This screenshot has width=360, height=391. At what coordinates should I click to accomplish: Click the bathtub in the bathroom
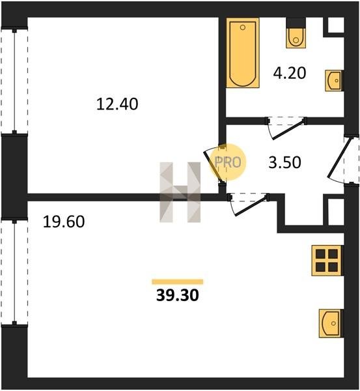click(x=243, y=53)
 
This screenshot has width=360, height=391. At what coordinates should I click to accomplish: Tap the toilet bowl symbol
click(x=296, y=38)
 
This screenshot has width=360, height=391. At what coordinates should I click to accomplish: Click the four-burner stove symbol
click(x=327, y=261)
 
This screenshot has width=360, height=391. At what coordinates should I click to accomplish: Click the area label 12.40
click(x=117, y=104)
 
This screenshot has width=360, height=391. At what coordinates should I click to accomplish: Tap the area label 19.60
click(x=64, y=222)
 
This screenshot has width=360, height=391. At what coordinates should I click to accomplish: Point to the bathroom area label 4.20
click(x=290, y=73)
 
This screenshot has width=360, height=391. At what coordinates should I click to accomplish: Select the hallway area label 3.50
click(x=284, y=162)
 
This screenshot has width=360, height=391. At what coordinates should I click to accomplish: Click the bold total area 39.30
click(x=177, y=295)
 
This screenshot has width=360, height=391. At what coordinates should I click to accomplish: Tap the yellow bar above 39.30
click(x=177, y=282)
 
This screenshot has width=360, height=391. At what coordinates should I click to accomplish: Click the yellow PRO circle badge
click(x=227, y=162)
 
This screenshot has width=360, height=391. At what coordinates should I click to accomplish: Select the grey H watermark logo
click(x=180, y=192)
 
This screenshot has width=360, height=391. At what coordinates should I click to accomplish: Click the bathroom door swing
click(x=286, y=128)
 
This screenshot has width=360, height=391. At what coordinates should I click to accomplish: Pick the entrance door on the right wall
click(x=342, y=160)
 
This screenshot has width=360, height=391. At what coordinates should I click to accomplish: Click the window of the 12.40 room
click(x=14, y=81)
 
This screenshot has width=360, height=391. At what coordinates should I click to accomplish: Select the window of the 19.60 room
click(x=14, y=272)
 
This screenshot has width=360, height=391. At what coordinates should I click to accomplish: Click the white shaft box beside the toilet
click(x=335, y=25)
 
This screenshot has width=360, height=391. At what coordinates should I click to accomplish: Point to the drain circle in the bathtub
click(x=243, y=27)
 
